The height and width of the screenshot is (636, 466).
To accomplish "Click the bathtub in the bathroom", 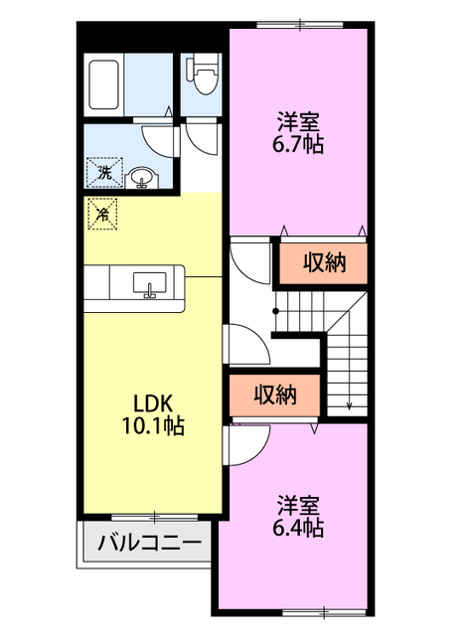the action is point(103,84).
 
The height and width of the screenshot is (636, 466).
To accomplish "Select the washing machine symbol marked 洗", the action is point(104,173).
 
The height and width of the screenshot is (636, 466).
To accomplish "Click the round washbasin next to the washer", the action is point(142,178).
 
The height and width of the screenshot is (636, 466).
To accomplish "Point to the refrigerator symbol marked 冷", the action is point(102,214).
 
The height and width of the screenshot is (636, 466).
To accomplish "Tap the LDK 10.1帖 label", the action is point(153,414).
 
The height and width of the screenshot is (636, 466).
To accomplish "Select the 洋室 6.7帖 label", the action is point(298,132).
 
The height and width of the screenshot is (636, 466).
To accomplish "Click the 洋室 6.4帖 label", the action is point(298,517).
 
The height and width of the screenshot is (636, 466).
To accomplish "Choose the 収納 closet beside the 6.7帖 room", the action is point(323,262).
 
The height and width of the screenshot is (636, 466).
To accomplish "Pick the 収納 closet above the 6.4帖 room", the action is point(275,395).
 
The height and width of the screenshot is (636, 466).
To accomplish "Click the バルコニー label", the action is point(150,543).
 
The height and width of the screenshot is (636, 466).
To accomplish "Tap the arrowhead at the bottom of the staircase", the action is point(349,404).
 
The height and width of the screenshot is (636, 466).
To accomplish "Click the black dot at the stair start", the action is point(275,311).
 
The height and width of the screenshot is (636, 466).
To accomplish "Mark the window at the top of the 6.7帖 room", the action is point(300,25).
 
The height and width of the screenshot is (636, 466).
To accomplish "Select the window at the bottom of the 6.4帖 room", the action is point(325,612).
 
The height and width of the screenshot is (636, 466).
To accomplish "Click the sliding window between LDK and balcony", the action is point(155,517).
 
